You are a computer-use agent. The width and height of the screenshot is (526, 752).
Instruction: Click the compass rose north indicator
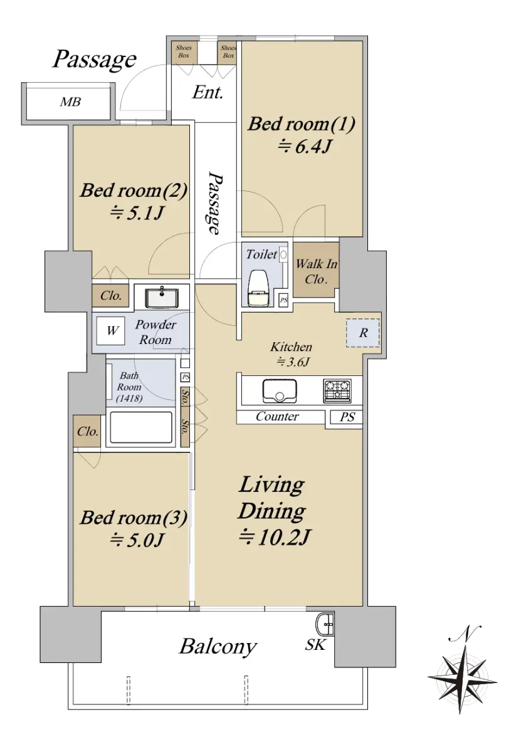463,669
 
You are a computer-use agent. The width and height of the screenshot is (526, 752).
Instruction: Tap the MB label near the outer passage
70,102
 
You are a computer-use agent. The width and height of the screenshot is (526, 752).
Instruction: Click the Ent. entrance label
208,92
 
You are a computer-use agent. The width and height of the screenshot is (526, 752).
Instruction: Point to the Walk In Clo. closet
316,269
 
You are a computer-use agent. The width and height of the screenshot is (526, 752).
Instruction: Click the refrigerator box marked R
363,333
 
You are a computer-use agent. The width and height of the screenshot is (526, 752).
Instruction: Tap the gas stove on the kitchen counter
337,391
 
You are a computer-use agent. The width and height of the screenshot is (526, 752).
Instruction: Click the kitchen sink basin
280,391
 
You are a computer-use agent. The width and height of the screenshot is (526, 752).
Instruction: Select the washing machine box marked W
111,331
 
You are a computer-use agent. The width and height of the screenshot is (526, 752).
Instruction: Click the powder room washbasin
162,298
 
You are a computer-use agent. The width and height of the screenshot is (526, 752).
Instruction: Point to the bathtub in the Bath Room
141,427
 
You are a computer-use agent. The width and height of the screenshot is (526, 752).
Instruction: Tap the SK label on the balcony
315,645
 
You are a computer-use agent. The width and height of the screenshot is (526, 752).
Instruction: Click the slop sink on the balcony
325,624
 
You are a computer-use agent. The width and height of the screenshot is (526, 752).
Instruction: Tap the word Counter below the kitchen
277,416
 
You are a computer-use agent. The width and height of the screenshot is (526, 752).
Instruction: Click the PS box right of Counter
347,417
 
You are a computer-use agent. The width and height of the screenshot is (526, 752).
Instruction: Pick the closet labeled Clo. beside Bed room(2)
110,296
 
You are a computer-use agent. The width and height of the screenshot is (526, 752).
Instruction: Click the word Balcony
218,647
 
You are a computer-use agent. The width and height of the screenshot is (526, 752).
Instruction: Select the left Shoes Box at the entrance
184,52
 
